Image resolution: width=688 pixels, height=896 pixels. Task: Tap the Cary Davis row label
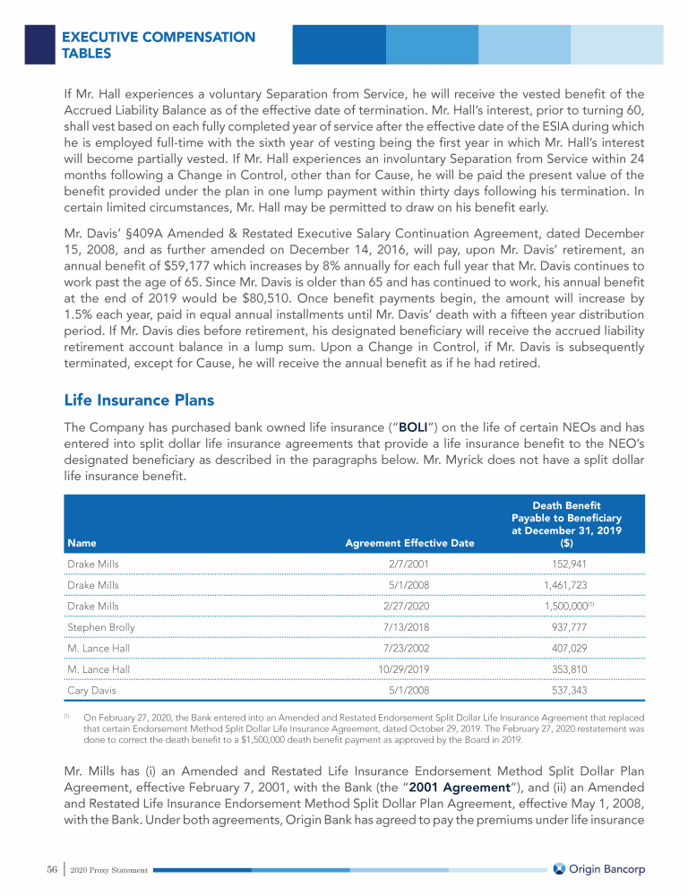tap(91, 691)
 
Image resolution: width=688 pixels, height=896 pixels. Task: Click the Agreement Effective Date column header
tap(409, 542)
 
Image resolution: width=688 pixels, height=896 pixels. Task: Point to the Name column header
tap(82, 542)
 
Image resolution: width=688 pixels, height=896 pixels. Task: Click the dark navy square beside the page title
tap(39, 43)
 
